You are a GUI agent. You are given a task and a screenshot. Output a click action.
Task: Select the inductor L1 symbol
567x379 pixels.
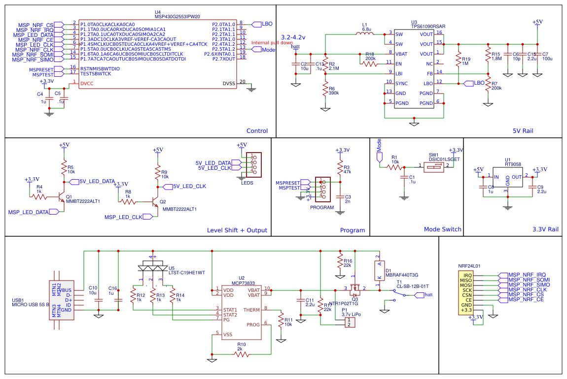point(364,34)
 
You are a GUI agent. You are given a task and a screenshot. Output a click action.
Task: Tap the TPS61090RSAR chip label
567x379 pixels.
point(427,28)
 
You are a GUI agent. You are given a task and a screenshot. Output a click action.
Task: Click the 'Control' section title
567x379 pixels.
point(257,131)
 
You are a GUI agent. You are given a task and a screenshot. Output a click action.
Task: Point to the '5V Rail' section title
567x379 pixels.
point(523,131)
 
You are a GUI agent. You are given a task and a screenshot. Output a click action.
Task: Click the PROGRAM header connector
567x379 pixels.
point(322,189)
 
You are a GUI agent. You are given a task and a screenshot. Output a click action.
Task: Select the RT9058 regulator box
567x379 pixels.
point(507,179)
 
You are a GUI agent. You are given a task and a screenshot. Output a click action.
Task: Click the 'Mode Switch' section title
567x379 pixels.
point(442,229)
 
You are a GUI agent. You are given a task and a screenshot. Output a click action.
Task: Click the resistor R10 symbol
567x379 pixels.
point(242,354)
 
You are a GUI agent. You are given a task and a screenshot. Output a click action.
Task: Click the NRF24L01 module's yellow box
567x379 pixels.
point(467,292)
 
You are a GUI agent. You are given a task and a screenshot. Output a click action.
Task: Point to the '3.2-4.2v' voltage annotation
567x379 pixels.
point(293,37)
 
